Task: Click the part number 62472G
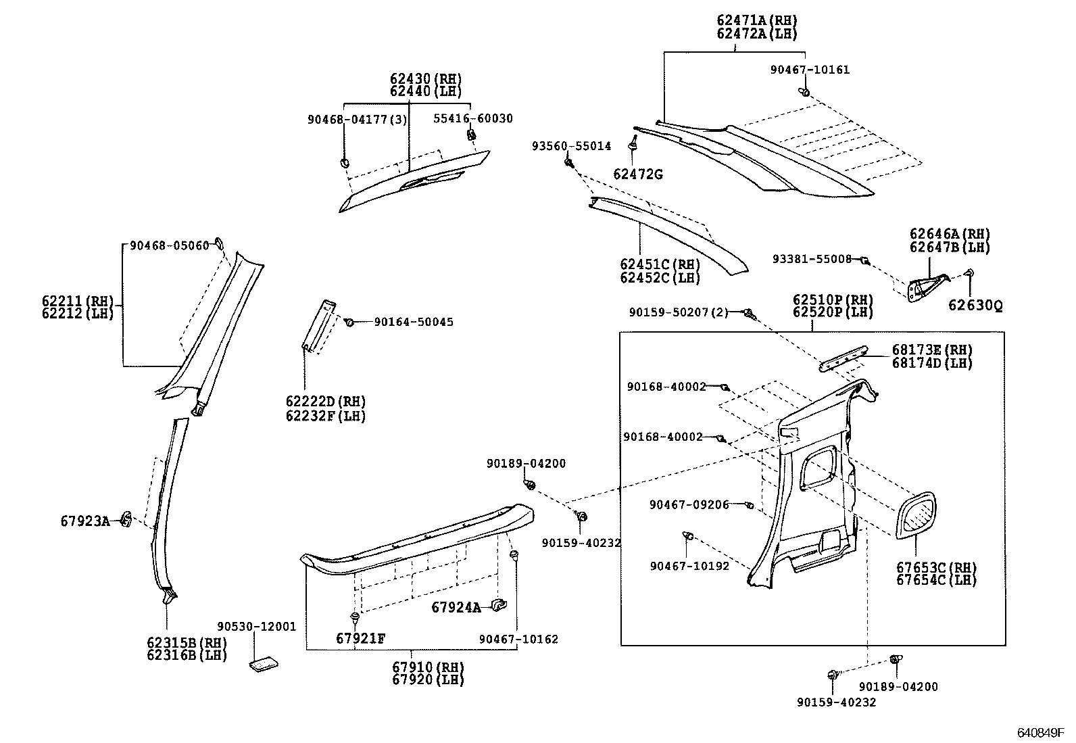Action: [x=637, y=174]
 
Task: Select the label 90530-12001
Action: [x=256, y=627]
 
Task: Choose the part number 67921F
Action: [x=360, y=638]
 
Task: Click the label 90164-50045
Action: [x=414, y=322]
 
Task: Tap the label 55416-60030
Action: [x=472, y=118]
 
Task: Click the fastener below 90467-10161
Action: [x=804, y=91]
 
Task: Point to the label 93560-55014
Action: [x=570, y=146]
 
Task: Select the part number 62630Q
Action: [x=975, y=306]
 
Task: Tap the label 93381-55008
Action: [x=812, y=259]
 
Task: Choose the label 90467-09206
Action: [x=689, y=504]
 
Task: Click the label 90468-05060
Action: [x=170, y=245]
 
